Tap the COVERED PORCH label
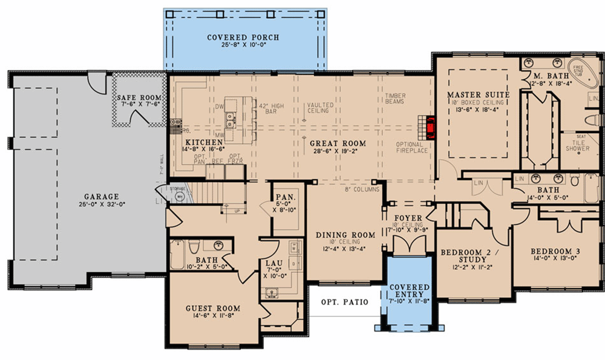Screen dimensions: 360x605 pyautogui.click(x=243, y=38)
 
